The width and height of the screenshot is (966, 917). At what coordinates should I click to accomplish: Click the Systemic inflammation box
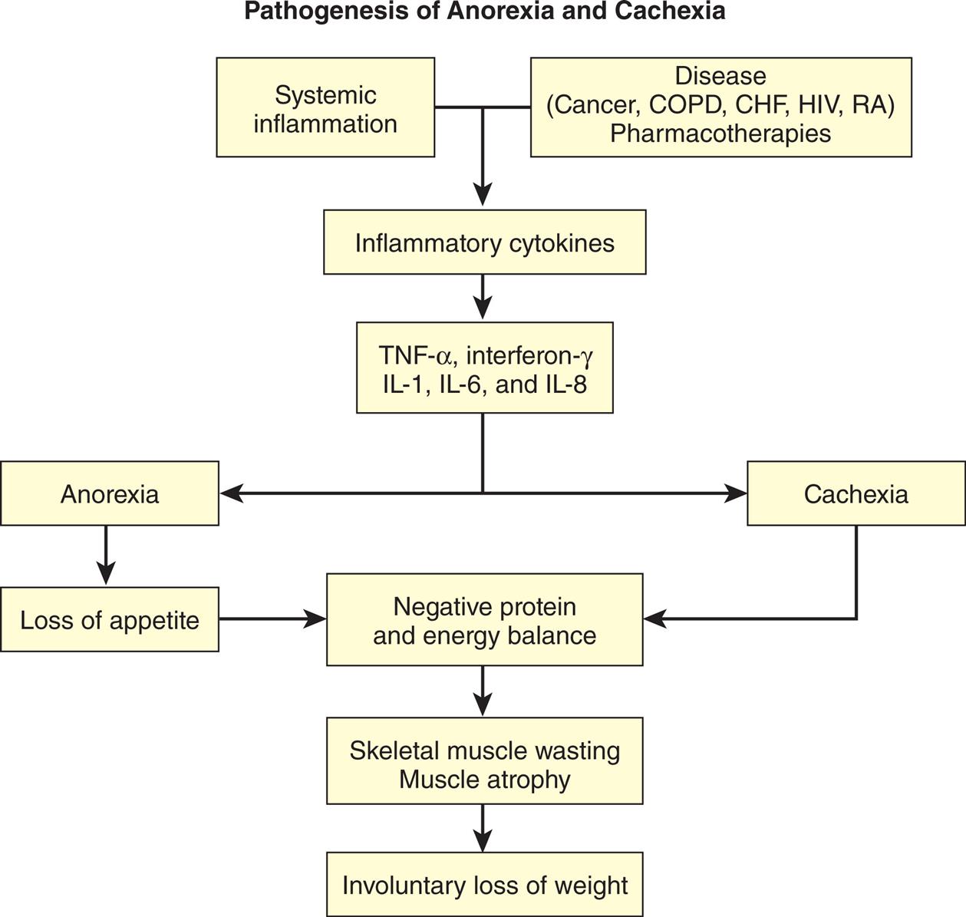(x=325, y=107)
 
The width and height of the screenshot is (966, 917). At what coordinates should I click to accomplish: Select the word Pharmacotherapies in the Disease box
(x=720, y=134)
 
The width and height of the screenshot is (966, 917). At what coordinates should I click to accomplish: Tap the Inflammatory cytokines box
(x=484, y=242)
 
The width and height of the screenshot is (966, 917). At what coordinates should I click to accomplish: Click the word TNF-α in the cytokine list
(x=417, y=355)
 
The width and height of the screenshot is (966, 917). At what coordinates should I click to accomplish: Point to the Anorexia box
(x=110, y=493)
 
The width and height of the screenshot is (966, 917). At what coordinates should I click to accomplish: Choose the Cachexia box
(x=856, y=493)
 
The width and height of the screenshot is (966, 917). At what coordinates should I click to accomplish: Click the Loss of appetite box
(x=110, y=619)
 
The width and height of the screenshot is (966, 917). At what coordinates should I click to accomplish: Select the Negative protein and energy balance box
(x=484, y=620)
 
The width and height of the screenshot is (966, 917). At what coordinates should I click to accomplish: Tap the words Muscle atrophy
(x=484, y=779)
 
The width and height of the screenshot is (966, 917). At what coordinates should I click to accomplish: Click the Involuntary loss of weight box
(x=484, y=885)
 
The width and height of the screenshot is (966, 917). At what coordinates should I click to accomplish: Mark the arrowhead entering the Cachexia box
(x=736, y=493)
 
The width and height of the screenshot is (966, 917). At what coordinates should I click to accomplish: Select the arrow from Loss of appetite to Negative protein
(x=272, y=618)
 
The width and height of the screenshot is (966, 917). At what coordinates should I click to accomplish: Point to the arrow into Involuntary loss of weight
(x=483, y=829)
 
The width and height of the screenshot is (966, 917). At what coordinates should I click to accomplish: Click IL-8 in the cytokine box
(x=567, y=384)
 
